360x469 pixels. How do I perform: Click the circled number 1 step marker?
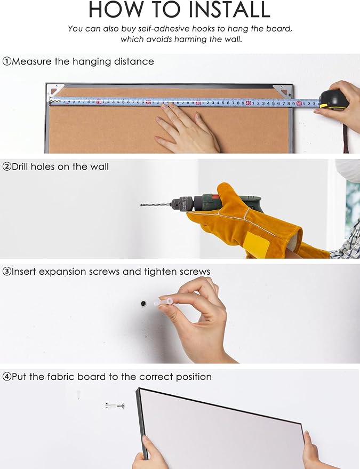click(6, 61)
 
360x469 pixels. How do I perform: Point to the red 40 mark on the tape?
click(249, 103)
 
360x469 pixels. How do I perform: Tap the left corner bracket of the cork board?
click(56, 90)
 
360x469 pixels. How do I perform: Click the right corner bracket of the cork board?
click(282, 90)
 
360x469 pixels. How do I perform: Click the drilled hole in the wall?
click(143, 304)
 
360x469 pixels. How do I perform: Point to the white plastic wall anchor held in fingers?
click(164, 301)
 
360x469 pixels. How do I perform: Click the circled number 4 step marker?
click(6, 377)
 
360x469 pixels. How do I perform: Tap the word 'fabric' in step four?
click(62, 376)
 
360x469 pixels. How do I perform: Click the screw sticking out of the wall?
click(115, 406)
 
